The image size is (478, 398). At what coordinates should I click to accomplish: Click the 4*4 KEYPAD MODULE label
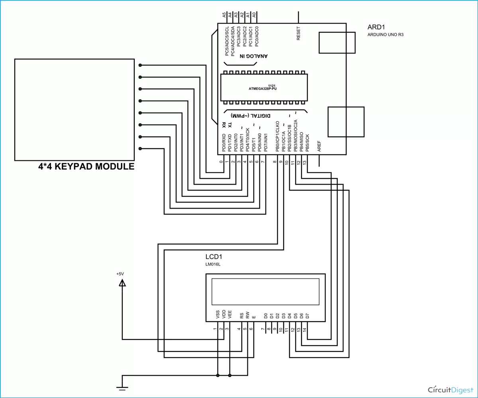[86, 167]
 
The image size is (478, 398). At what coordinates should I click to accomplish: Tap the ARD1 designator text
[376, 27]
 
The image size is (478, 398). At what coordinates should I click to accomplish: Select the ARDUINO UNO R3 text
[386, 35]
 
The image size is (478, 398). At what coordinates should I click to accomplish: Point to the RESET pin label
[299, 33]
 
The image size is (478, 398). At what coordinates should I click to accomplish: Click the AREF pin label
[319, 146]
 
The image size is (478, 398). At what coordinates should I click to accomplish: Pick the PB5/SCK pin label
[307, 142]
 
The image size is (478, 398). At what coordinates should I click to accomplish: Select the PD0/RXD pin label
[224, 142]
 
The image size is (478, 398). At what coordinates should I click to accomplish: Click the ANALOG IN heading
[254, 56]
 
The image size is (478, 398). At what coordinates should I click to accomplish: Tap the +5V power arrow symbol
[122, 283]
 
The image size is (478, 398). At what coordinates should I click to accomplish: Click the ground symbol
[122, 386]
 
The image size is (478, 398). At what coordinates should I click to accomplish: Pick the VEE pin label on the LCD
[230, 315]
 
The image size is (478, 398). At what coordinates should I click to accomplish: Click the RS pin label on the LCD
[241, 315]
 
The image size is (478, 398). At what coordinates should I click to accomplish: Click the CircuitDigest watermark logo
[450, 389]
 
